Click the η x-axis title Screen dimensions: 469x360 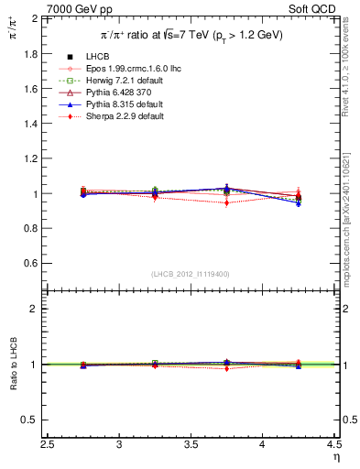click(335, 457)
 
